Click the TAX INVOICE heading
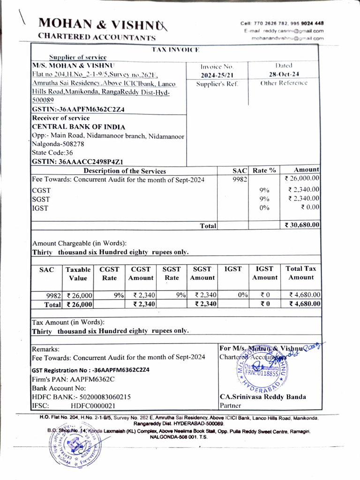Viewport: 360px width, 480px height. [176, 49]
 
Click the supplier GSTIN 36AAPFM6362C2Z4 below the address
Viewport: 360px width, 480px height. [79, 109]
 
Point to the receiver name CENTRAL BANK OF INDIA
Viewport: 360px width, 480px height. [78, 127]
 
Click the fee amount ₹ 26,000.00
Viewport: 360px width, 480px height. [302, 178]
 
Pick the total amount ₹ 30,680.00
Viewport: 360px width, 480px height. [302, 225]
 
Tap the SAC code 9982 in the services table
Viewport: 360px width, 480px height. [240, 179]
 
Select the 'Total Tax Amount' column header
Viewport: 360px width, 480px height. [301, 273]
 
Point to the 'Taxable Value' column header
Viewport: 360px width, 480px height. [78, 273]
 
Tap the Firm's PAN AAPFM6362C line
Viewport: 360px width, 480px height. [73, 379]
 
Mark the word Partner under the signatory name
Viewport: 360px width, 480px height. [231, 405]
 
